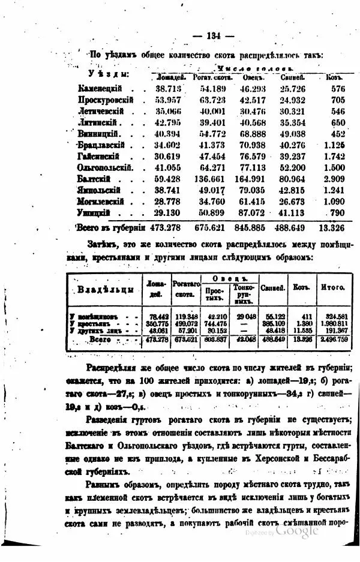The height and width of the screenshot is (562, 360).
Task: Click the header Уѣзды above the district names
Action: pos(109,74)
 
